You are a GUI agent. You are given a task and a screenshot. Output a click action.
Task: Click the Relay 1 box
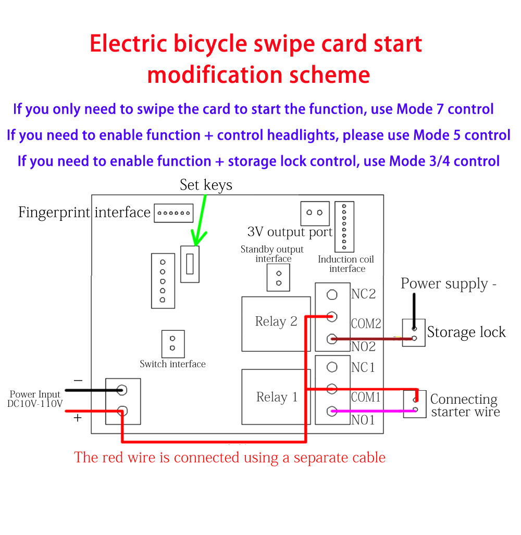point(276,397)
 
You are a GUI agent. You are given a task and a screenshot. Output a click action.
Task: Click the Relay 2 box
point(276,323)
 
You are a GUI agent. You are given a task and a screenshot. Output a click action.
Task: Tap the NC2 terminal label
point(363,294)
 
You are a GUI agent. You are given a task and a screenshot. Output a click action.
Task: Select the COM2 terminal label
point(366,324)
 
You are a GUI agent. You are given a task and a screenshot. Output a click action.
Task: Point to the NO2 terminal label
point(363,346)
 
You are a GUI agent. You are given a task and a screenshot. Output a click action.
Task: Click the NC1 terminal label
point(363,368)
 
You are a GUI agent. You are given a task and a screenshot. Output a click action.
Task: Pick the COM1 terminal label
point(366,397)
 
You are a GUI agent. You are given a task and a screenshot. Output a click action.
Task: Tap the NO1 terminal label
point(363,420)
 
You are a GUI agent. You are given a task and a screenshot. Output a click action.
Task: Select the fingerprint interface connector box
point(173,213)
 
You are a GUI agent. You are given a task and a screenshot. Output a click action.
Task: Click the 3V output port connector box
point(315,213)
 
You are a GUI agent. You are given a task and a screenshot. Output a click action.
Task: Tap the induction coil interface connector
point(344,226)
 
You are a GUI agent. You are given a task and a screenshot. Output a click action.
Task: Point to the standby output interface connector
point(278,277)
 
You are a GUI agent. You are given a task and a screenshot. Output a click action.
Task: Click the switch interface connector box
point(172,343)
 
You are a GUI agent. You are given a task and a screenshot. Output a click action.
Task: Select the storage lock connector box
point(414,332)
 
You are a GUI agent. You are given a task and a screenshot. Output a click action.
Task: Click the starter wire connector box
point(415,404)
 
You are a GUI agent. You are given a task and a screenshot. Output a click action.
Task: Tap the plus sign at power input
point(78,418)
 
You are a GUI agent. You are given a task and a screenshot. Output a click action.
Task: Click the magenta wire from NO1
point(370,412)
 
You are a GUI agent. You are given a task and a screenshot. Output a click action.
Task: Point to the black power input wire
point(94,390)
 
